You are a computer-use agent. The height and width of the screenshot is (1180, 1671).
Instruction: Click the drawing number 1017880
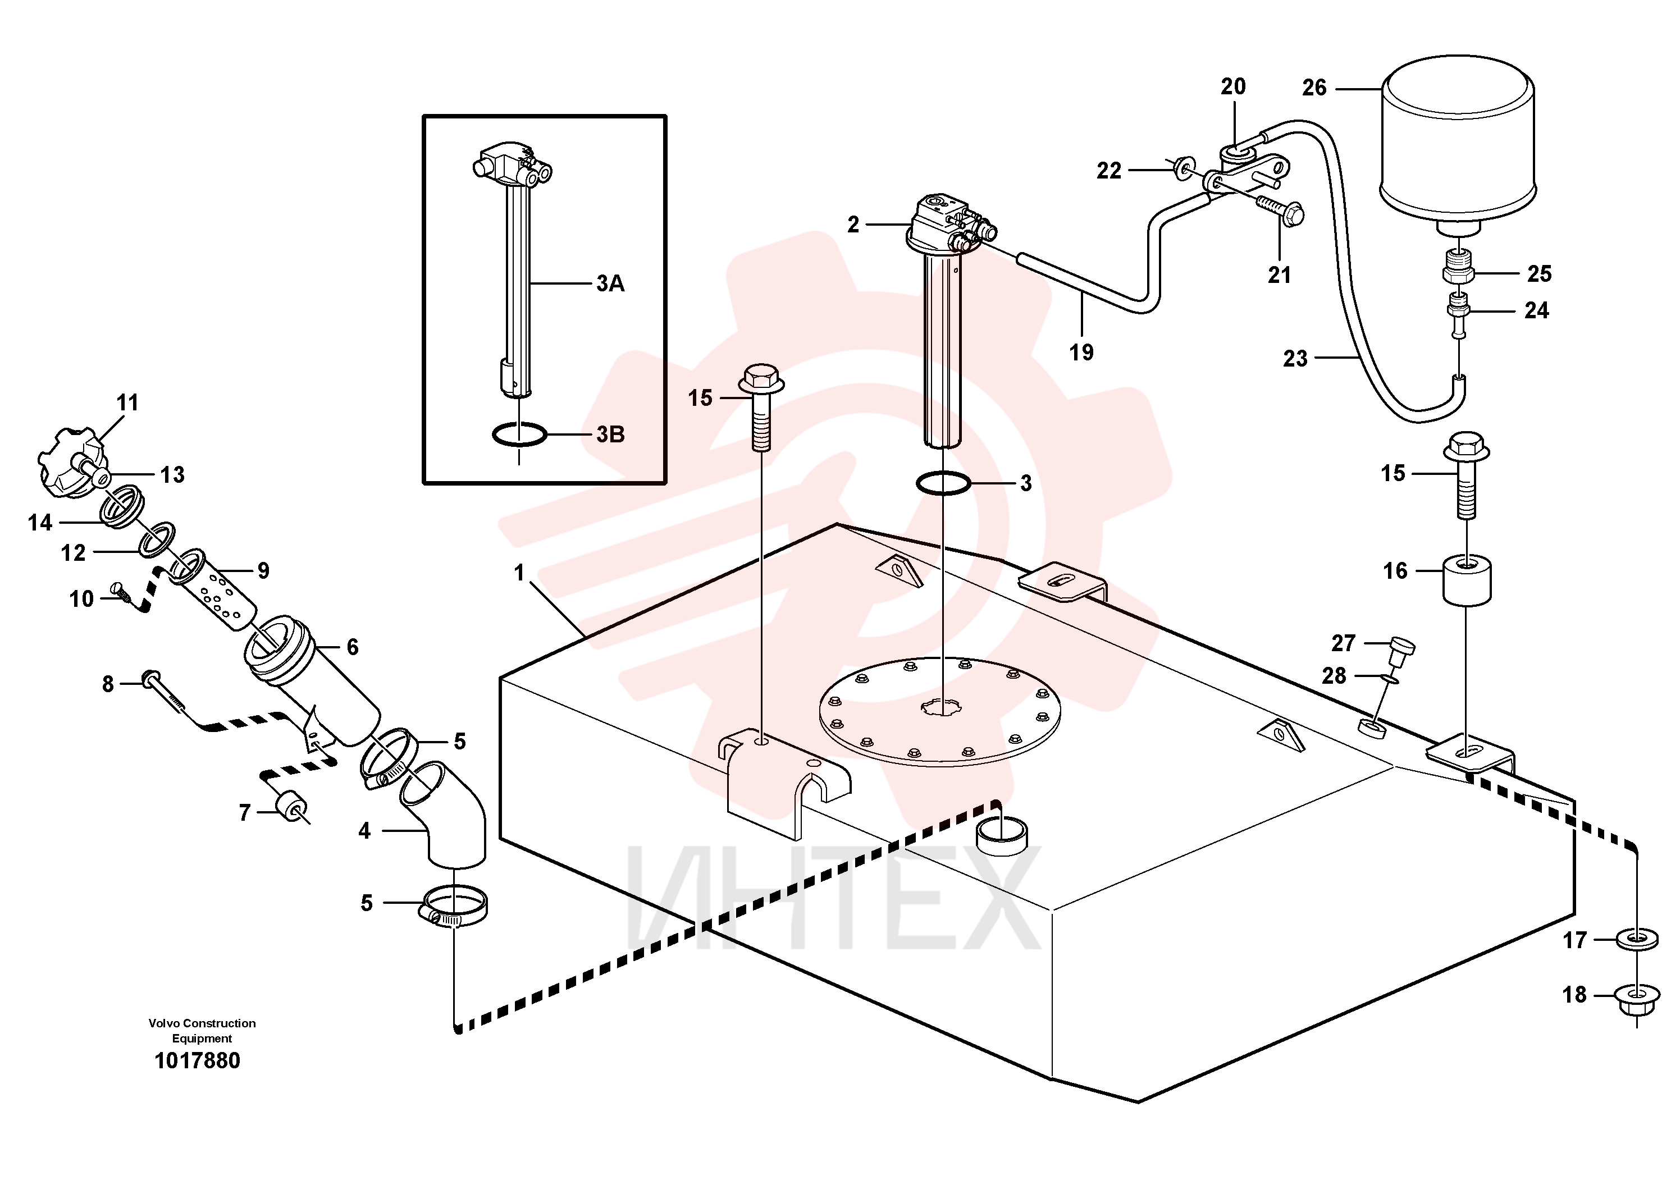[197, 1060]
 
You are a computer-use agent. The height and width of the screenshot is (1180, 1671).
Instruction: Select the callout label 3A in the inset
[610, 283]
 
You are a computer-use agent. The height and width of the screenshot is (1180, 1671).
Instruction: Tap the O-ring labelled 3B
[519, 435]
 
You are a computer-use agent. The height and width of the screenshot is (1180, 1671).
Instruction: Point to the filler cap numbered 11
[73, 465]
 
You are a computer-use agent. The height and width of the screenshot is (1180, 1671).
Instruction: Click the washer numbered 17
[1636, 939]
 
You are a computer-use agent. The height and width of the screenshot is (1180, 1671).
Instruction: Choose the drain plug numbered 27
[1401, 649]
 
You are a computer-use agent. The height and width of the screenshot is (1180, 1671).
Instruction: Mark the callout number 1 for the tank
[519, 573]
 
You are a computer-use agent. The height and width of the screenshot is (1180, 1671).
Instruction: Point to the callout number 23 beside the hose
[1295, 358]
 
